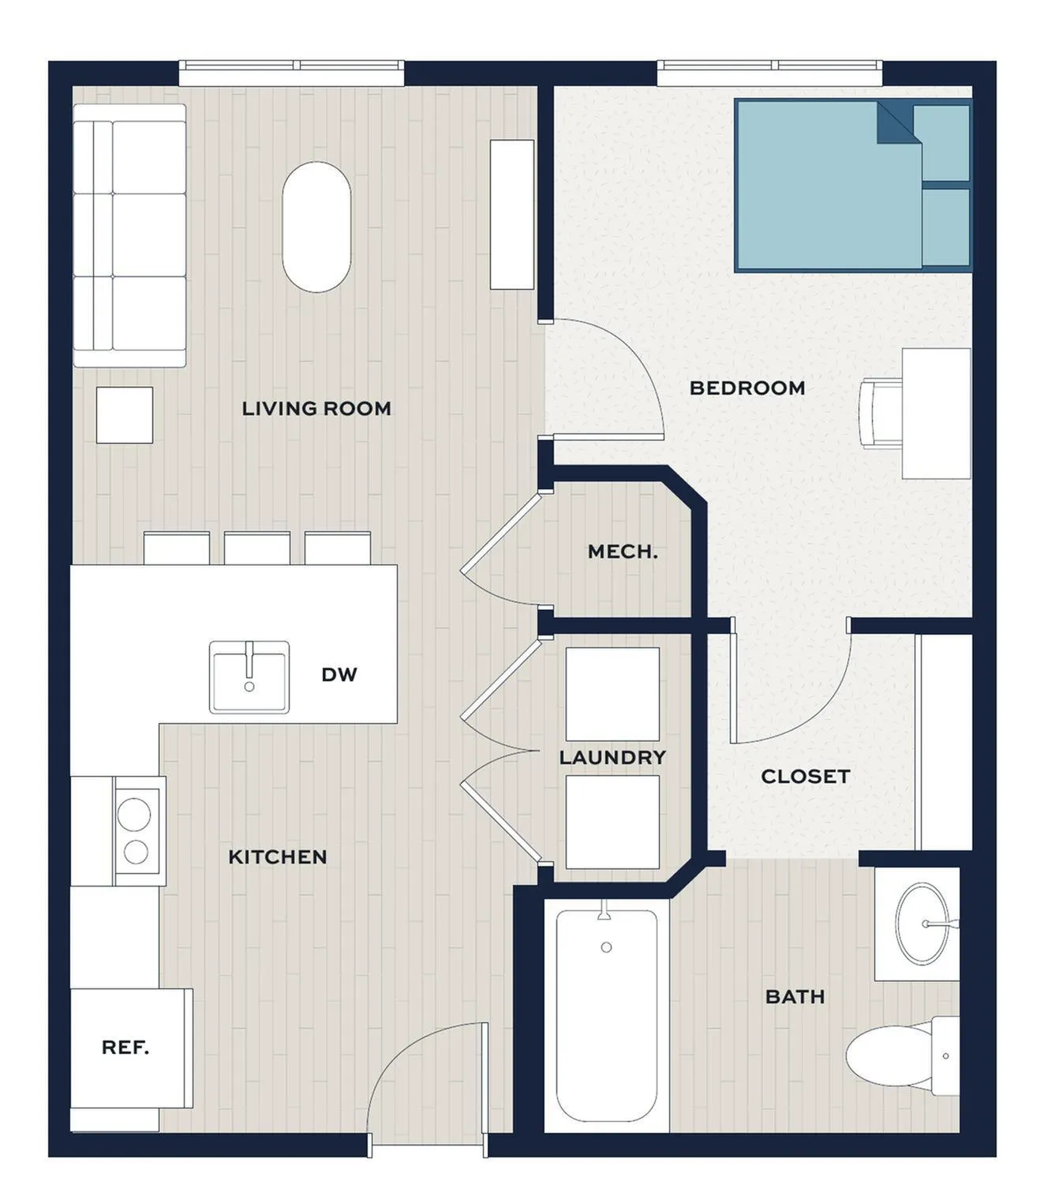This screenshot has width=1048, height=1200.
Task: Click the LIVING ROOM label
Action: pyautogui.click(x=316, y=408)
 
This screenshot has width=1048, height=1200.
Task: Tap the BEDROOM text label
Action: pyautogui.click(x=747, y=388)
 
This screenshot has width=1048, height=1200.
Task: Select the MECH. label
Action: pyautogui.click(x=623, y=551)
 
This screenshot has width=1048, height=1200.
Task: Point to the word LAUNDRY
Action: pyautogui.click(x=612, y=757)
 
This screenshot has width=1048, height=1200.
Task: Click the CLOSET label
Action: pyautogui.click(x=806, y=777)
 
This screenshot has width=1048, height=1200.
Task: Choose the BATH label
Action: pyautogui.click(x=795, y=996)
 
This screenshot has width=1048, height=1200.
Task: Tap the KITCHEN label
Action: pyautogui.click(x=277, y=857)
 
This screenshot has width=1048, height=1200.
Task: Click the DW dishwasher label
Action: pyautogui.click(x=339, y=674)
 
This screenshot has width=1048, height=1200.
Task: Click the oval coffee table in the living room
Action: pyautogui.click(x=316, y=227)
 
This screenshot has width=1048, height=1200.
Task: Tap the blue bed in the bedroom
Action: pyautogui.click(x=853, y=186)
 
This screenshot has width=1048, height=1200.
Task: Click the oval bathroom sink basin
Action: pyautogui.click(x=923, y=923)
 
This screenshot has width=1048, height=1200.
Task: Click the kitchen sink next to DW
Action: pyautogui.click(x=249, y=677)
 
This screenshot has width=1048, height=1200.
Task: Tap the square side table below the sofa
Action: pyautogui.click(x=125, y=415)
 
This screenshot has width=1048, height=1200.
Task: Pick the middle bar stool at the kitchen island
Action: pyautogui.click(x=257, y=548)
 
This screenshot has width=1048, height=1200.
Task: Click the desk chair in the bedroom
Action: pyautogui.click(x=881, y=414)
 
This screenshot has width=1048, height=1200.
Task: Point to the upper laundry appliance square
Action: pyautogui.click(x=612, y=695)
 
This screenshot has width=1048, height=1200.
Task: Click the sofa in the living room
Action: pyautogui.click(x=129, y=236)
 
